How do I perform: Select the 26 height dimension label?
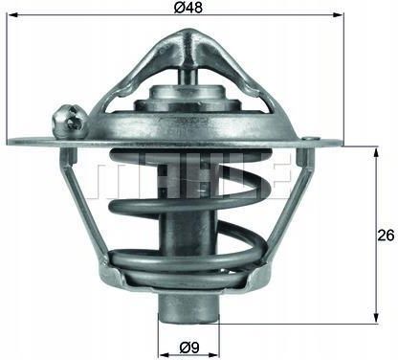pos(386,236)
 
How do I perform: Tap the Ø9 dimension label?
pos(189,348)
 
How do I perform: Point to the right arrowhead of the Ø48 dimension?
pos(339,14)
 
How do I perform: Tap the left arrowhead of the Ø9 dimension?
pos(164,355)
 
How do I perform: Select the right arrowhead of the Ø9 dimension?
pos(214,355)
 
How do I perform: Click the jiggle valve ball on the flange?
pos(69,122)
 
